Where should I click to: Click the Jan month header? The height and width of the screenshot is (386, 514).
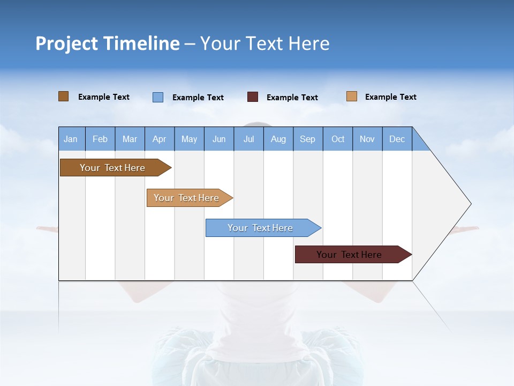tap(71, 139)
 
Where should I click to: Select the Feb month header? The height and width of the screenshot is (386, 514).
tap(100, 139)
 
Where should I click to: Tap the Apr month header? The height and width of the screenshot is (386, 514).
tap(159, 139)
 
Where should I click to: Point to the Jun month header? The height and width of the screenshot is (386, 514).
tap(219, 139)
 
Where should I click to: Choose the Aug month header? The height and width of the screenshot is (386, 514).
tap(278, 139)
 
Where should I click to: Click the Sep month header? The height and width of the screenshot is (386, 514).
tap(307, 139)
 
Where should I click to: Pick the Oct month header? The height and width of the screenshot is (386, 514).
tap(338, 139)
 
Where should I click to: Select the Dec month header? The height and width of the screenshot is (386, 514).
tap(397, 139)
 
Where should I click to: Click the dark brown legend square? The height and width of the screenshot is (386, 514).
tap(64, 96)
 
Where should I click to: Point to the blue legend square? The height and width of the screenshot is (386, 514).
tap(158, 97)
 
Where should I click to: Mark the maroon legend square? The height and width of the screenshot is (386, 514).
tap(253, 97)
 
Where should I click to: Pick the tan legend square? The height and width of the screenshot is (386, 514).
tap(352, 96)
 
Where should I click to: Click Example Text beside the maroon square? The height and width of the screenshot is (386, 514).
tap(292, 98)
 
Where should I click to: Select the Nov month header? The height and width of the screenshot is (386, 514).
tap(367, 139)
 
